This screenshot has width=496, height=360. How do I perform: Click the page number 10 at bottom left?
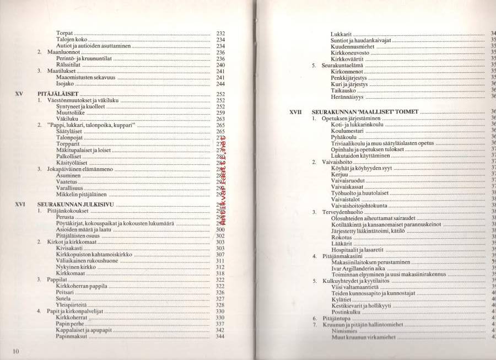click(x=15, y=351)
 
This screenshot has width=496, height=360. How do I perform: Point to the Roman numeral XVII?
click(x=296, y=111)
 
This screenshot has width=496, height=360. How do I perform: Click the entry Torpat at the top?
click(x=64, y=34)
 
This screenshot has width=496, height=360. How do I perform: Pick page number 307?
click(x=220, y=255)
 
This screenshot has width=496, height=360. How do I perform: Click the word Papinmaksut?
click(x=72, y=336)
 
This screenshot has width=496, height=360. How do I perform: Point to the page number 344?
click(x=220, y=336)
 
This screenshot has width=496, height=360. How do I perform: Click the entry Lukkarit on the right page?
click(x=341, y=34)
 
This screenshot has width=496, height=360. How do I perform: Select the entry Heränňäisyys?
click(x=347, y=96)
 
